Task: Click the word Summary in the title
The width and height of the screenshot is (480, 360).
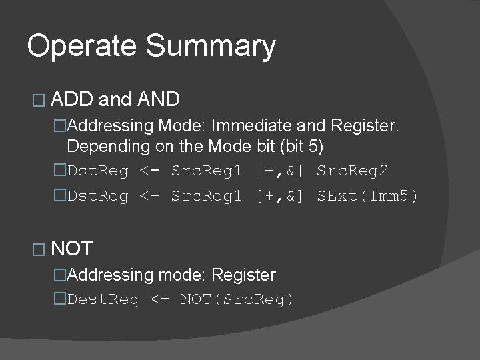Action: point(210,47)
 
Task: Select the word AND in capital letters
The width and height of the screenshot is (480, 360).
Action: point(158,100)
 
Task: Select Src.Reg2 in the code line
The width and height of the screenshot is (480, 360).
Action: point(352,171)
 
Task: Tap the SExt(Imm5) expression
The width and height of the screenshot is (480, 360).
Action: point(367,197)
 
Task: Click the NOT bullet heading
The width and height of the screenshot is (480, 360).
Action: point(71,249)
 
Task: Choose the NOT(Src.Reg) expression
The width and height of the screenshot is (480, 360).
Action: point(237,300)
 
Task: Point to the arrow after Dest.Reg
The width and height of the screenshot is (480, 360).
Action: point(160,300)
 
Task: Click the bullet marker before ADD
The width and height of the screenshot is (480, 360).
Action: point(37,101)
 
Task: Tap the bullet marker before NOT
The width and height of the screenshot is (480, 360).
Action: point(37,250)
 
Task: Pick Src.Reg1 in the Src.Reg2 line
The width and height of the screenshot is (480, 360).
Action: point(207,171)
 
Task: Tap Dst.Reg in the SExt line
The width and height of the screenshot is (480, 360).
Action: point(98,197)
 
